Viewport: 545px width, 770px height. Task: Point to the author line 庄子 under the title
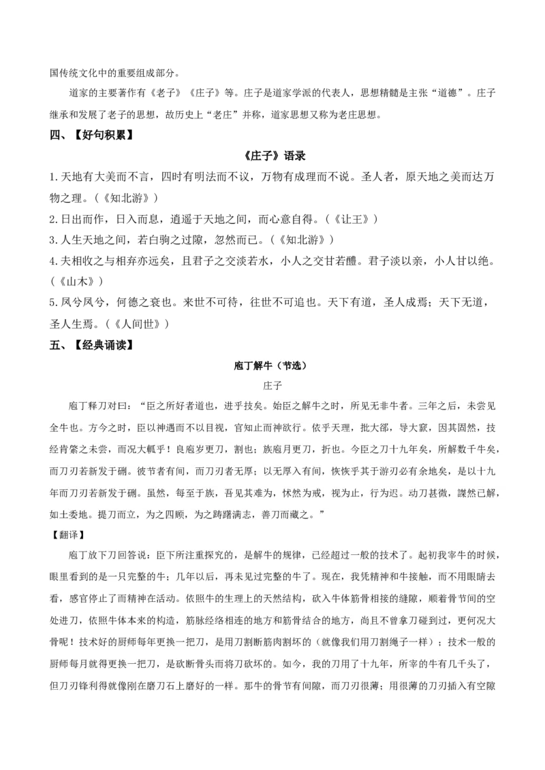point(272,386)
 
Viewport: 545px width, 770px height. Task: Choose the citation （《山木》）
point(77,282)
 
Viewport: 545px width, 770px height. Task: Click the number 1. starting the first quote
point(54,177)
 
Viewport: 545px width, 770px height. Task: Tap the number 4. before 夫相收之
point(54,261)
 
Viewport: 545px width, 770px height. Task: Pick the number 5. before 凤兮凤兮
point(54,303)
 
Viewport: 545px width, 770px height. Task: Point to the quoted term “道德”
point(448,93)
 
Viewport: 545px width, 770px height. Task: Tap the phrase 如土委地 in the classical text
point(68,515)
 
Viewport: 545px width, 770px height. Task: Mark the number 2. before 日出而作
point(54,219)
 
